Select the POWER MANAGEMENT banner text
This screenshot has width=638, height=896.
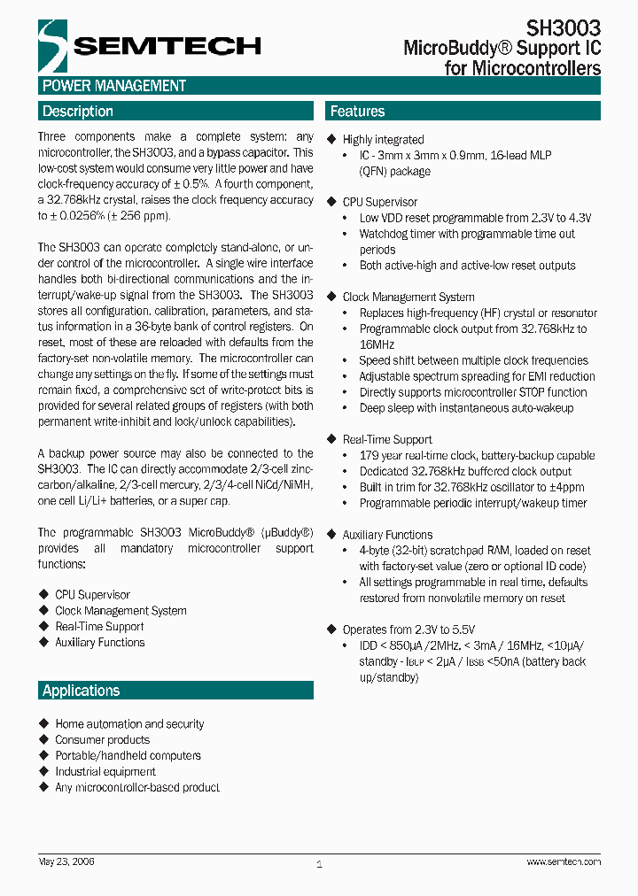114,86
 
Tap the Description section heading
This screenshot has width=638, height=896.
78,112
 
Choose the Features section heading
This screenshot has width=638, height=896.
357,112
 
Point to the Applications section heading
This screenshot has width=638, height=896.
81,691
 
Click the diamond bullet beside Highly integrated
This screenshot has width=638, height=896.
332,139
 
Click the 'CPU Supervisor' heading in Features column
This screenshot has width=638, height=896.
379,202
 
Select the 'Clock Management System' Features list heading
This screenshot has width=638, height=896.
408,297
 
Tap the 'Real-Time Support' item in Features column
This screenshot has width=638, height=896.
387,439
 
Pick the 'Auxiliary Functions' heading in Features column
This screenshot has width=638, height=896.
387,535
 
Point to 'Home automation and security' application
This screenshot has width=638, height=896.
129,724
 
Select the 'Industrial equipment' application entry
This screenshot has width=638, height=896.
105,772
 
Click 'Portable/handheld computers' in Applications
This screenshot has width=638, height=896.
128,756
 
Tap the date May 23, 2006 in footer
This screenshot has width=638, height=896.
66,861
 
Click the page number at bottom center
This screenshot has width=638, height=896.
319,863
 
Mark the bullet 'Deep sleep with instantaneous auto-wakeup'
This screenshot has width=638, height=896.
466,408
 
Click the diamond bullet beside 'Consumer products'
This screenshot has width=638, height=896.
43,740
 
